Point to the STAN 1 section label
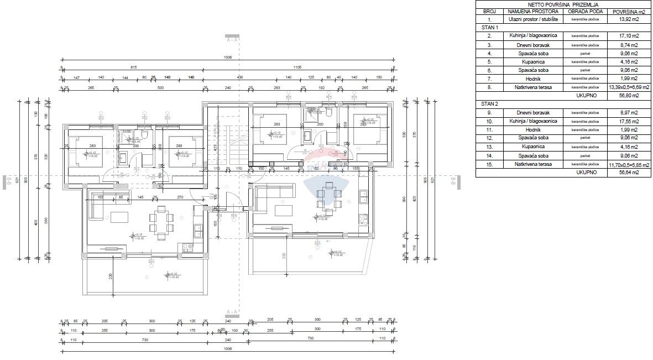click(x=489, y=27)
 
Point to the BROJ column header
click(x=489, y=11)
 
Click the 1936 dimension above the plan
click(x=227, y=56)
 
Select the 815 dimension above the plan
click(x=133, y=67)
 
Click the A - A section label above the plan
click(x=232, y=40)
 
